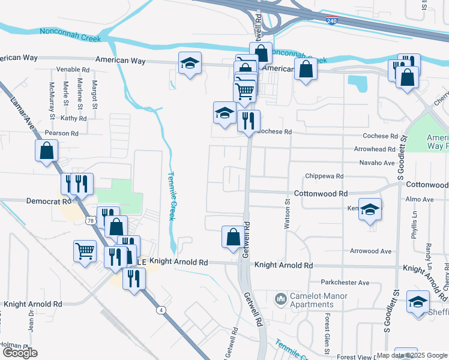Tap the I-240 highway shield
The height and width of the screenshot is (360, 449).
333,21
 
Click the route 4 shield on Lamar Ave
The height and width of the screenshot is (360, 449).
160,310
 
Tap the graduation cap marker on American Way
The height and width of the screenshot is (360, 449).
190,63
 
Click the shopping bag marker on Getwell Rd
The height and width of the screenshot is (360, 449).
233,236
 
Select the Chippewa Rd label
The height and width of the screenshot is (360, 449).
324,176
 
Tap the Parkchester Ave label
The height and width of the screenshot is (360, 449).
345,282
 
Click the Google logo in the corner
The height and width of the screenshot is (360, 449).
20,353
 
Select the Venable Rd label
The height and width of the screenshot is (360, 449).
73,70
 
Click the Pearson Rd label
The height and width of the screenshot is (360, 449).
62,133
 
